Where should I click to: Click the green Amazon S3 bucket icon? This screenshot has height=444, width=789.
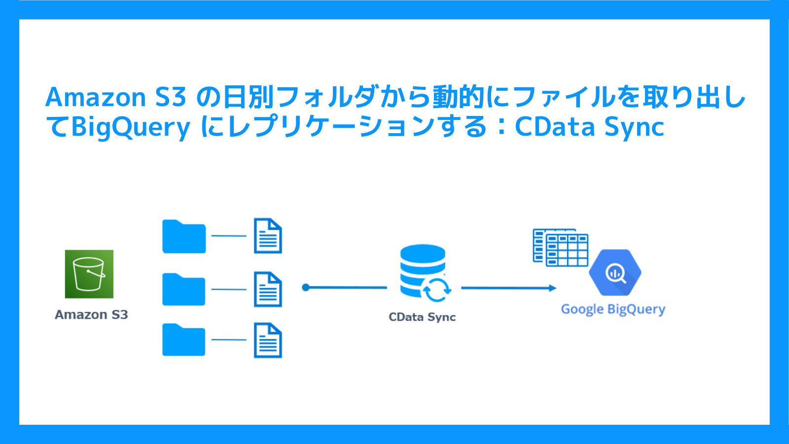89,274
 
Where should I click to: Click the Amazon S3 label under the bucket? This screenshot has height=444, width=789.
91,315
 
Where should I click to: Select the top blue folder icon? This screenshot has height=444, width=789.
184,236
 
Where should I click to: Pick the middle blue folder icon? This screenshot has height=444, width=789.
184,289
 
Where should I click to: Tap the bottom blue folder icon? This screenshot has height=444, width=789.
184,339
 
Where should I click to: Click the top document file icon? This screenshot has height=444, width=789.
268,235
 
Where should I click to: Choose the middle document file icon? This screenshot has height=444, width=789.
268,289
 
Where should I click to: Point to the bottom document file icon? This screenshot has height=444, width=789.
268,340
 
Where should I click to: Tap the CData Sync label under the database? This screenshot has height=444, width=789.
422,317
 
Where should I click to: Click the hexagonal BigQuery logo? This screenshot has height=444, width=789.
615,272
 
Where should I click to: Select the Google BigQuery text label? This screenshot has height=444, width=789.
613,309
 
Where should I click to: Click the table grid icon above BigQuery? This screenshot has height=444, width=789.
560,247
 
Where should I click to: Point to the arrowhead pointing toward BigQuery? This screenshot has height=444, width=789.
553,288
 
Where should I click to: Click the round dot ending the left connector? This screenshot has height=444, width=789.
306,288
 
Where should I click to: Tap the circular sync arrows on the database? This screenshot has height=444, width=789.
437,290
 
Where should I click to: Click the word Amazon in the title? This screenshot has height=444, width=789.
96,97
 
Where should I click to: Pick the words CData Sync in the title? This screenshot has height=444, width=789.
590,127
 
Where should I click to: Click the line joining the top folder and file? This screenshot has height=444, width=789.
229,236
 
